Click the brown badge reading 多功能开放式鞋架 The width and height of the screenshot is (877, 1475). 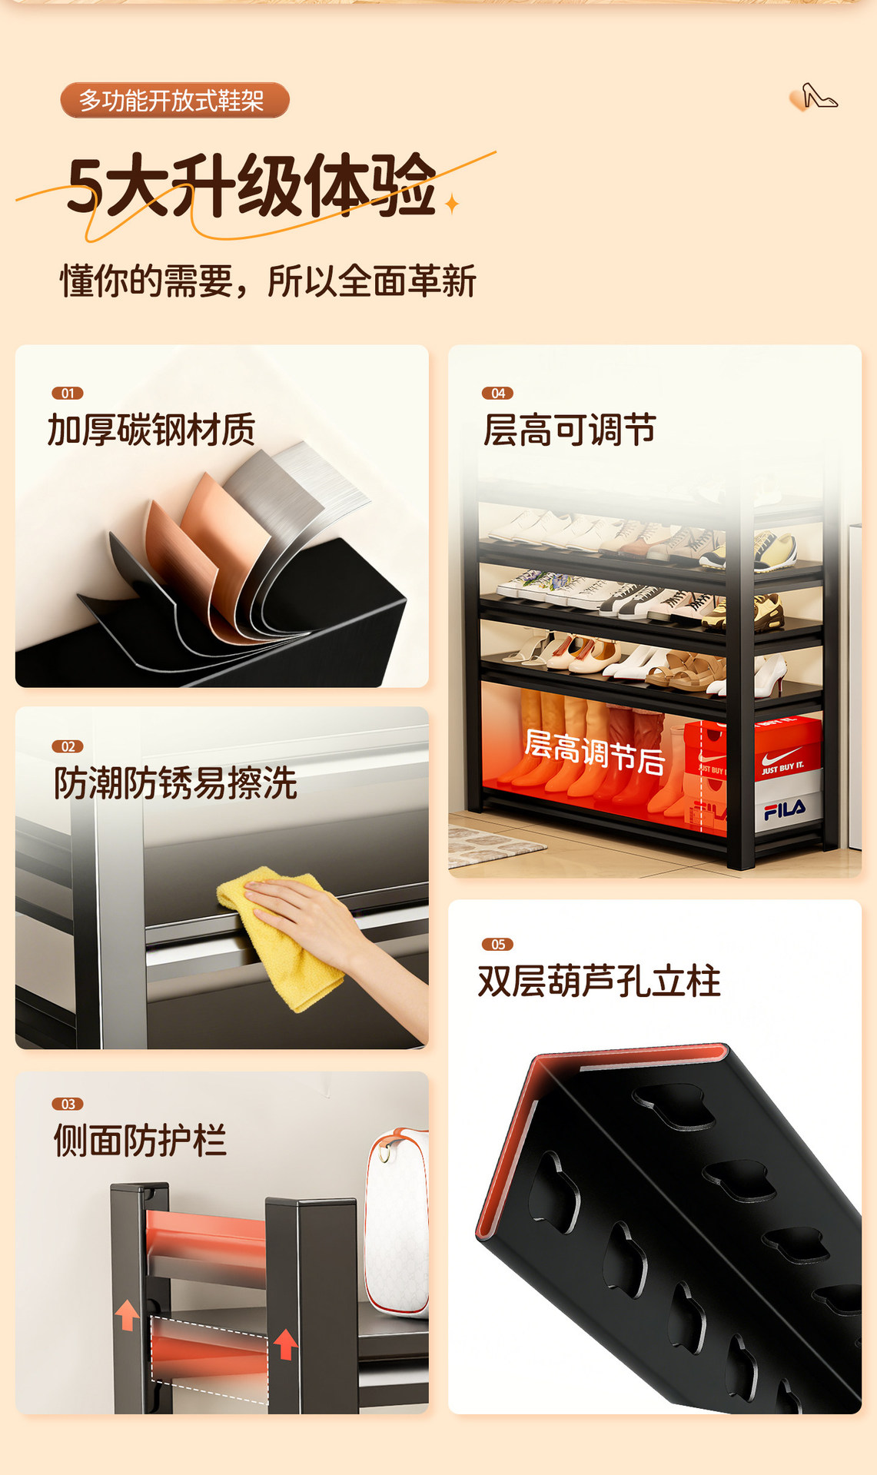coord(174,101)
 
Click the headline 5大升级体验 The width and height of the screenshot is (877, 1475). coord(251,185)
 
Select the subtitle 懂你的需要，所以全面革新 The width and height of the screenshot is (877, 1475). coord(268,281)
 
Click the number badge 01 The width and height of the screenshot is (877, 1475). coord(68,394)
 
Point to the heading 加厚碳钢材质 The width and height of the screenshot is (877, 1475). coord(151,430)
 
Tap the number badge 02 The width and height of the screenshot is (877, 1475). coord(68,746)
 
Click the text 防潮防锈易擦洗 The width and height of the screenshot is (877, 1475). coord(175,783)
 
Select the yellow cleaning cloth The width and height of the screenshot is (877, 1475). coord(281,936)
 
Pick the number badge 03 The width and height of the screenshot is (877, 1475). coord(68,1104)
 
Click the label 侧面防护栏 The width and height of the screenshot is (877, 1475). coord(140,1140)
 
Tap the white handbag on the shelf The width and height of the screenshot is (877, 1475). coord(397,1221)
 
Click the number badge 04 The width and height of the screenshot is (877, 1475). coord(497,394)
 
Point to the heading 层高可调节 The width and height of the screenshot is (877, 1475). coord(570,430)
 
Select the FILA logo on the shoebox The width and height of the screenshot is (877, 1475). coord(785,809)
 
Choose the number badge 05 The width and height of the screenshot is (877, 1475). coord(497,945)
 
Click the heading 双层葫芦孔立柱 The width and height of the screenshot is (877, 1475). coord(600,981)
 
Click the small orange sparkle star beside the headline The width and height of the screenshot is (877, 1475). coord(452,204)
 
